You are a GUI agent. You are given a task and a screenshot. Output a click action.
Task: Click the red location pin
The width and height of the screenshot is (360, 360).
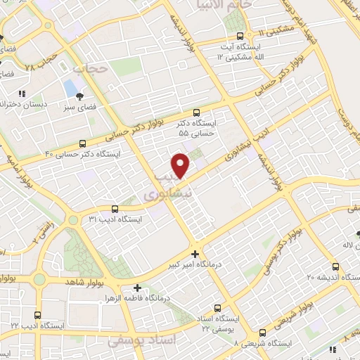[x=181, y=165]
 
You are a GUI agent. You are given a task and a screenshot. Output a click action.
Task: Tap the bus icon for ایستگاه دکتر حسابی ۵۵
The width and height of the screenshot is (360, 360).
[x=196, y=111]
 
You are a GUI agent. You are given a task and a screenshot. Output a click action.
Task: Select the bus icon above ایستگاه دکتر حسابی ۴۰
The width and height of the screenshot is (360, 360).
[x=83, y=142]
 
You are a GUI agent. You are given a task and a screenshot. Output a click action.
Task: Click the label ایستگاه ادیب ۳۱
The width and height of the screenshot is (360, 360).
[x=115, y=219]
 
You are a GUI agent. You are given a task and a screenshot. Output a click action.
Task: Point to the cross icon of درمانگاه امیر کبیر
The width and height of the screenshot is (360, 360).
[x=195, y=253]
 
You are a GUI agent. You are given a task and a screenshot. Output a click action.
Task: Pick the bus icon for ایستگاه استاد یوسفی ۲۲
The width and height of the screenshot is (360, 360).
[x=217, y=307]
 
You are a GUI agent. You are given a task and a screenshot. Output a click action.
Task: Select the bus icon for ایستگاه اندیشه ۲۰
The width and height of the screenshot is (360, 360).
[x=335, y=266]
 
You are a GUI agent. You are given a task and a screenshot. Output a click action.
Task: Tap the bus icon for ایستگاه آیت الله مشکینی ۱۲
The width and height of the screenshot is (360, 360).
[x=240, y=36]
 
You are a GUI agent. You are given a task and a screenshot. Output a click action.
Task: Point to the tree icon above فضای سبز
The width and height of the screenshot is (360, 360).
[x=79, y=96]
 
